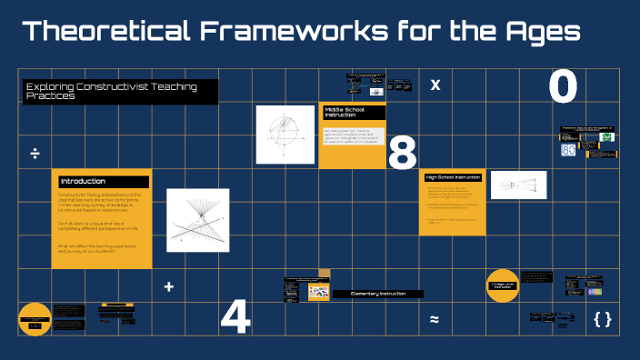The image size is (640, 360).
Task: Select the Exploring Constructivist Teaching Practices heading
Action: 121,91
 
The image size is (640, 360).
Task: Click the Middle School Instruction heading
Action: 353,113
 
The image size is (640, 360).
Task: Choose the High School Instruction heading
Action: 453,177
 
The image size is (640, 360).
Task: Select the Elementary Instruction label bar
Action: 377,295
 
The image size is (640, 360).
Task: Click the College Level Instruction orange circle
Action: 502,285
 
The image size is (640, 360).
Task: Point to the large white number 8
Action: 402,152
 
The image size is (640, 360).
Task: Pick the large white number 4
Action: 235,316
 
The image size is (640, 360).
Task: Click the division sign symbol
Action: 35,152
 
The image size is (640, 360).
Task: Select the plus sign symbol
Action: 168,287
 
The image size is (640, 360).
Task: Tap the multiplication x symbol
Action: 435,85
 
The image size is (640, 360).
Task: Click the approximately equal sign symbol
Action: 435,320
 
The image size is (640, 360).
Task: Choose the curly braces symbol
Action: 602,319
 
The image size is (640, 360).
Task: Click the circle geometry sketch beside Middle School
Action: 284,134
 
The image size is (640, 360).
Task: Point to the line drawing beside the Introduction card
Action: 198,223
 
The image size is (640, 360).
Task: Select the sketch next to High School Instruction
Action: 518,185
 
